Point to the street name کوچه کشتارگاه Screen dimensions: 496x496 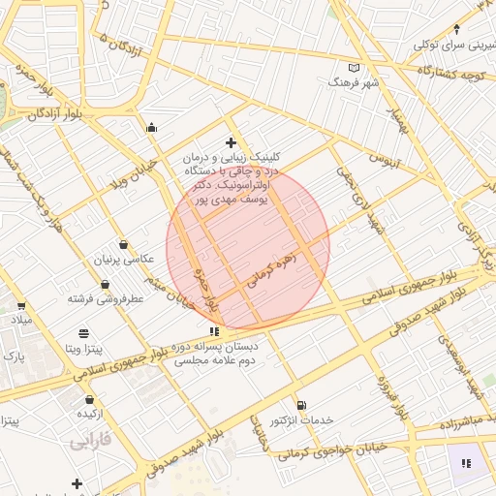point(457,73)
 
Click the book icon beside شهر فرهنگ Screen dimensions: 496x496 point(354,68)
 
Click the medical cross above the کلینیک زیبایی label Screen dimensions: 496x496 point(231,143)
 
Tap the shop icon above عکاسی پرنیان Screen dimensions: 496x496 point(123,244)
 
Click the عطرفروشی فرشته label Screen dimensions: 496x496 point(107,298)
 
